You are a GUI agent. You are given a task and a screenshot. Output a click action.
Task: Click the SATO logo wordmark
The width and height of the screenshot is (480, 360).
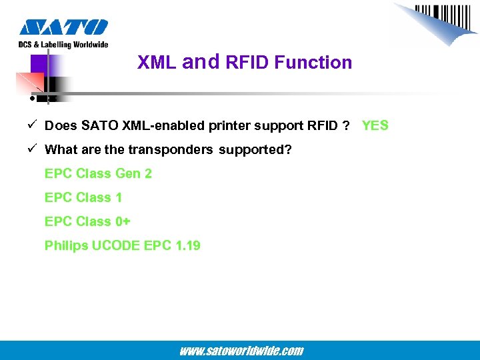pyautogui.click(x=63, y=27)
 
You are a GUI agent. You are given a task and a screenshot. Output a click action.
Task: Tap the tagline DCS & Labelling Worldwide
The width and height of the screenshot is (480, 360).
pyautogui.click(x=63, y=45)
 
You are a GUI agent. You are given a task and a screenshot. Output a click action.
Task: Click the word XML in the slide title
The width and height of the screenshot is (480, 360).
pyautogui.click(x=157, y=63)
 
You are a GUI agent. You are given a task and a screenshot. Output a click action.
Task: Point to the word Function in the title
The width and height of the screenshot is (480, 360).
pyautogui.click(x=313, y=63)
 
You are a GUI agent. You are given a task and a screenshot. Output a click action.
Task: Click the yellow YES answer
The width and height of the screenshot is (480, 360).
pyautogui.click(x=375, y=125)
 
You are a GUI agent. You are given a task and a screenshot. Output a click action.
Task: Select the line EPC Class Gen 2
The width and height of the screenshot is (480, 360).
pyautogui.click(x=98, y=173)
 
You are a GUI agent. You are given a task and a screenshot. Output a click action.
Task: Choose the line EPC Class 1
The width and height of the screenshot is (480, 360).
pyautogui.click(x=83, y=197)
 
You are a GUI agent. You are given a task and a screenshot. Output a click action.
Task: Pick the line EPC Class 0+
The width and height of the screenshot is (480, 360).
pyautogui.click(x=87, y=221)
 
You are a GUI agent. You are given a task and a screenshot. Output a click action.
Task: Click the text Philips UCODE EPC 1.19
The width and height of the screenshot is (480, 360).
pyautogui.click(x=122, y=245)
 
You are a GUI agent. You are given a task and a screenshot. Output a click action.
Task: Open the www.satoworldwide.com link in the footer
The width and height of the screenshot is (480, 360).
pyautogui.click(x=241, y=351)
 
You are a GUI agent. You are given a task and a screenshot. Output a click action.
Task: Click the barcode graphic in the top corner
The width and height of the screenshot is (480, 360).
pyautogui.click(x=440, y=20)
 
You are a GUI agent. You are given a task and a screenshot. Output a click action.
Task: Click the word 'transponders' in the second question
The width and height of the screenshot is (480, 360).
pyautogui.click(x=170, y=149)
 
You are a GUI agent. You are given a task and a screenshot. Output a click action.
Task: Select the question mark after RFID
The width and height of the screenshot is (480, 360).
pyautogui.click(x=347, y=125)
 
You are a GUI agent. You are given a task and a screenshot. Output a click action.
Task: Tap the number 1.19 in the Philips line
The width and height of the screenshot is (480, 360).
pyautogui.click(x=187, y=245)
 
